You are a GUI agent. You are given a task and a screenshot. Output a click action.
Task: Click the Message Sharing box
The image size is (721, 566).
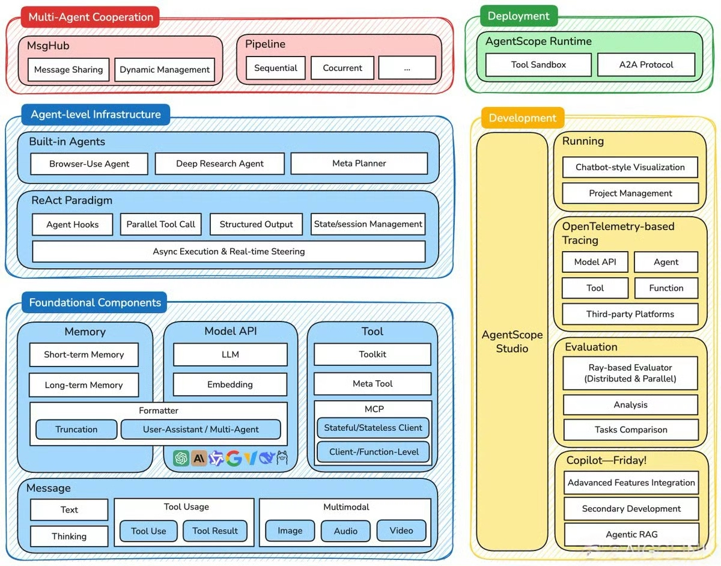(x=68, y=70)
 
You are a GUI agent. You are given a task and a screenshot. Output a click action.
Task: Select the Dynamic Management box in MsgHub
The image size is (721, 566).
(x=165, y=70)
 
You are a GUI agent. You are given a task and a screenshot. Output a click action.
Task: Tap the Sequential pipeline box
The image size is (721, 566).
(x=276, y=68)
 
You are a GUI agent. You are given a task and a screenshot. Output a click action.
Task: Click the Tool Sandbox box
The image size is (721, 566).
(x=538, y=64)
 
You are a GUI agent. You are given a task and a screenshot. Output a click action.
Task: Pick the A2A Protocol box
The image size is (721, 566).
(x=646, y=64)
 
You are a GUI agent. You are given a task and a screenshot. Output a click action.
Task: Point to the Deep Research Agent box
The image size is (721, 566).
(x=220, y=163)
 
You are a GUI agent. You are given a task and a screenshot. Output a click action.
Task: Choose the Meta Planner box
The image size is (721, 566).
(x=359, y=163)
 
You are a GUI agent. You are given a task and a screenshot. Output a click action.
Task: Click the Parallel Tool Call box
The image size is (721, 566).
(x=160, y=224)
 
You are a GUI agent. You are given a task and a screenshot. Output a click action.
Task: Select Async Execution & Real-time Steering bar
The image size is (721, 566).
(x=228, y=251)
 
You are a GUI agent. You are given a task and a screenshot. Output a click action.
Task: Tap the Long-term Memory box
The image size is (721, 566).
(x=84, y=385)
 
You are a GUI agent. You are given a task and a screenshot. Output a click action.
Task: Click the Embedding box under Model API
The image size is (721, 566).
(x=230, y=385)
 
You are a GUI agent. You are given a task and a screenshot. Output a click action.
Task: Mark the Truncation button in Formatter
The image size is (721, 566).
(x=76, y=429)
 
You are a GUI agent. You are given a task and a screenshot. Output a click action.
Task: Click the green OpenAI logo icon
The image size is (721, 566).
(x=181, y=458)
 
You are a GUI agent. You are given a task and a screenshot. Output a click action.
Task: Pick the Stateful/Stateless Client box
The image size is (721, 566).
(x=373, y=428)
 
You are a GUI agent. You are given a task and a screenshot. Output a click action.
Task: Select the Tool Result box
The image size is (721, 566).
(x=215, y=531)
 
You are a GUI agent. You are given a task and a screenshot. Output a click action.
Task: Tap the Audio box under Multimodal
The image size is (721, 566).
(x=345, y=531)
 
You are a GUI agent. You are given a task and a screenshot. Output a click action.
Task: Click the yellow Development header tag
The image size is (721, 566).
(x=522, y=118)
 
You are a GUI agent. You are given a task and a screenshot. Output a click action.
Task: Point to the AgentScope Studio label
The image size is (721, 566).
(x=512, y=341)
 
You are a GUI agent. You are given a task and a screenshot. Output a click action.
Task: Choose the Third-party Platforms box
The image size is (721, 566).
(x=630, y=314)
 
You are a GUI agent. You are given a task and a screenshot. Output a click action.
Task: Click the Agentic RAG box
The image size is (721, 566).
(x=631, y=534)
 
